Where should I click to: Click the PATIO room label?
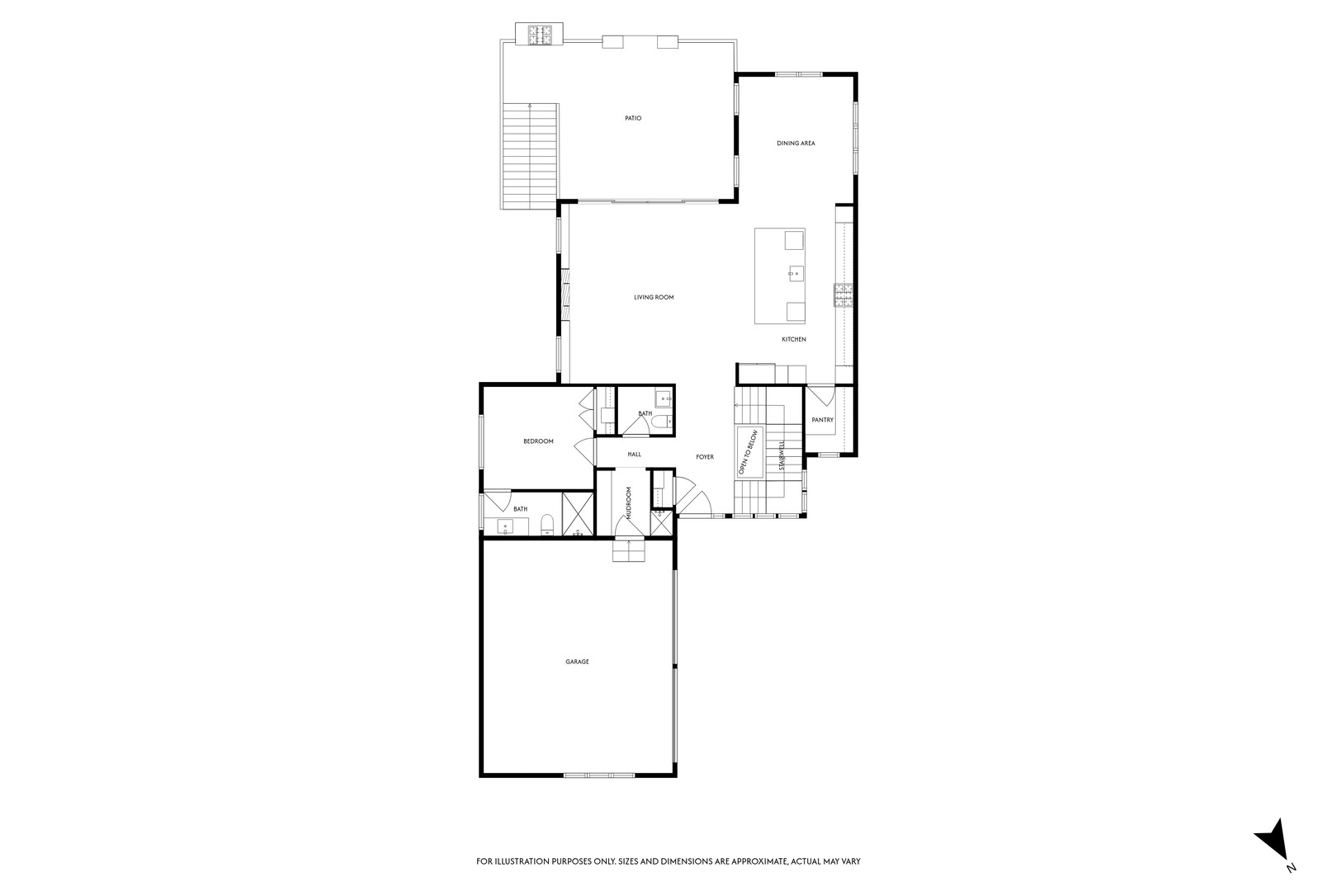[633, 119]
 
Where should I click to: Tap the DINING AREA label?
[796, 144]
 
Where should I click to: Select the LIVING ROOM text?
[654, 297]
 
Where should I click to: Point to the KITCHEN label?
[794, 340]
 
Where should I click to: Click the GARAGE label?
[577, 662]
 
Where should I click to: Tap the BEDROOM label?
[538, 441]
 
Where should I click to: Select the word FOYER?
[705, 457]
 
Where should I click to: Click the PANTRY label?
[822, 420]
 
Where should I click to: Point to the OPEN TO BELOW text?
[748, 452]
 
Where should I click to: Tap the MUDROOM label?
[628, 502]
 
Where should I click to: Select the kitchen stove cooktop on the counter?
[843, 295]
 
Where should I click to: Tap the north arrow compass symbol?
[1272, 841]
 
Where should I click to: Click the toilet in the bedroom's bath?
[546, 525]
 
